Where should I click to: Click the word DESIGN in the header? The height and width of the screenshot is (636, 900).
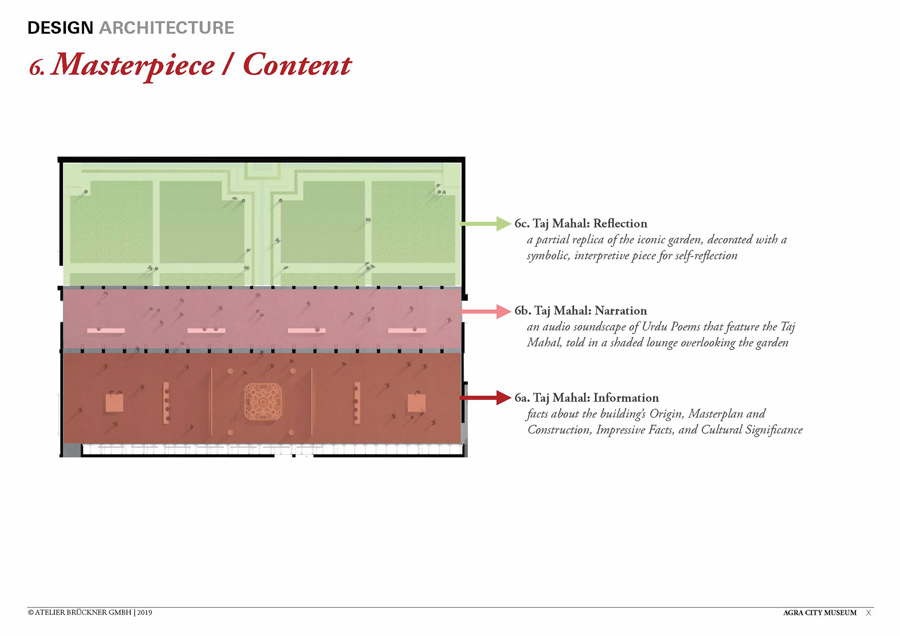click(60, 28)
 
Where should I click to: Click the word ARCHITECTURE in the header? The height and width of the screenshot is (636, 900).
click(166, 28)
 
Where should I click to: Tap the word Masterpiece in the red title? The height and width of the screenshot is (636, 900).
click(133, 65)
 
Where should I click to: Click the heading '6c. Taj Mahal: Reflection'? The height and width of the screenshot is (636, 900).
click(581, 224)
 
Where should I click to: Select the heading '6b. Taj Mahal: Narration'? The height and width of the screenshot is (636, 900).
click(581, 311)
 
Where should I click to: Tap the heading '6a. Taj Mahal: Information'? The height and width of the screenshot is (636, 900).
click(586, 398)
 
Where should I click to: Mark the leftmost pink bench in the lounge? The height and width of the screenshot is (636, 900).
click(106, 331)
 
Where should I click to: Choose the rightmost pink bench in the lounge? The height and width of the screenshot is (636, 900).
click(407, 331)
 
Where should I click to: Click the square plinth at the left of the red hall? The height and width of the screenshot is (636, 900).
click(114, 403)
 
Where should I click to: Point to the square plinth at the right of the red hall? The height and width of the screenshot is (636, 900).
click(416, 403)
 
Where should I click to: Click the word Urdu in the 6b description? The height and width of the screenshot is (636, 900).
click(655, 327)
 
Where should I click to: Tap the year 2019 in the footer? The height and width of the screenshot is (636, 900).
click(145, 613)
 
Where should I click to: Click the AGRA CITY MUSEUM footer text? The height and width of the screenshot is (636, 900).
click(819, 613)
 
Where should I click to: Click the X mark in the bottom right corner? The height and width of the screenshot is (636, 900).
click(869, 613)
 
